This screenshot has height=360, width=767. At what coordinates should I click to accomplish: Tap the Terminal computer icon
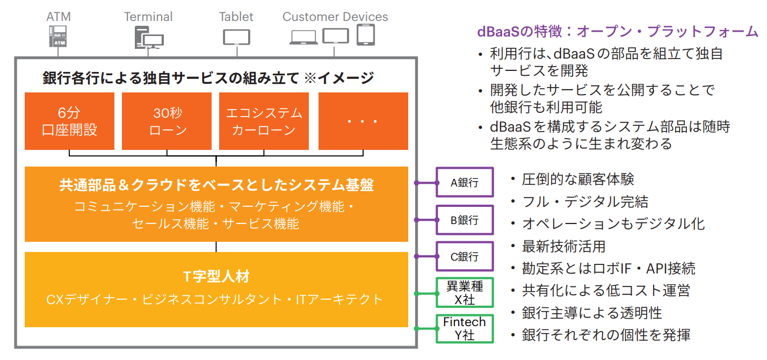[x=149, y=38]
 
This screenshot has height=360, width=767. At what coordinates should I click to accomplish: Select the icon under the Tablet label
[x=236, y=37]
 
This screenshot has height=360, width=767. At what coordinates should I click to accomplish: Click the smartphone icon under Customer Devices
[x=365, y=35]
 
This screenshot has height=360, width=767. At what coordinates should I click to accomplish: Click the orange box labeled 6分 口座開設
[x=69, y=121]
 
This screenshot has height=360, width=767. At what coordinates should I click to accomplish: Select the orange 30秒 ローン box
[x=167, y=121]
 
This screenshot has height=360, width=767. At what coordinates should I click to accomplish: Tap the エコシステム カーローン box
[x=264, y=121]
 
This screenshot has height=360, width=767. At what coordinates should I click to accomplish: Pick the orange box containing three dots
[x=363, y=121]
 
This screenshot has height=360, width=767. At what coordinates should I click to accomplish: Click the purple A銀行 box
[x=464, y=183]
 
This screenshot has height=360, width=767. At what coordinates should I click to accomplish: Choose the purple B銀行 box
[x=464, y=220]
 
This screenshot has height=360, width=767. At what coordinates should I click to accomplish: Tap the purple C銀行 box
[x=464, y=256]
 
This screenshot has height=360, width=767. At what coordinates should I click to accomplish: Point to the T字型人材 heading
[x=216, y=277]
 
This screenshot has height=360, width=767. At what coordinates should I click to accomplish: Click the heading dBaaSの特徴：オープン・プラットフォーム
[x=618, y=32]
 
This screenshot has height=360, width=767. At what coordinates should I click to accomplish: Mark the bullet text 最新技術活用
[x=563, y=246]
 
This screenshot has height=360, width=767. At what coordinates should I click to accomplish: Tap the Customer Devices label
[x=335, y=17]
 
